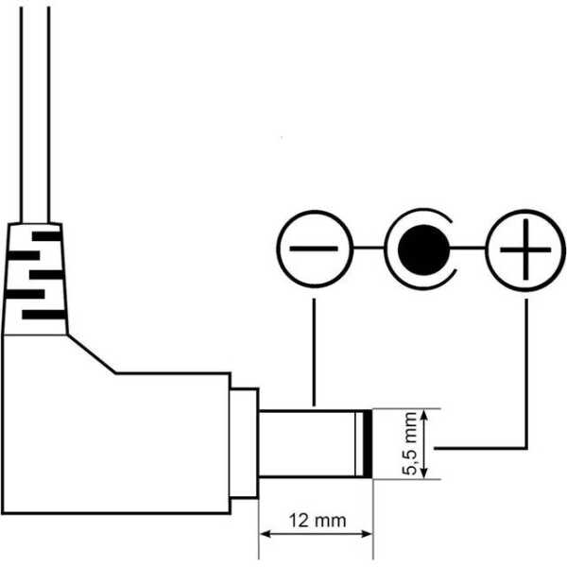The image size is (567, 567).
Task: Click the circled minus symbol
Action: click(x=314, y=250)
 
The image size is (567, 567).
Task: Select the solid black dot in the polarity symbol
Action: click(x=421, y=250)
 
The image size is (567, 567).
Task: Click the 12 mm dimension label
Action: click(x=317, y=521)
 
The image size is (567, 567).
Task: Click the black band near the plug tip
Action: click(x=362, y=443)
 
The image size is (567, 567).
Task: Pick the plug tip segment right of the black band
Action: click(x=369, y=443)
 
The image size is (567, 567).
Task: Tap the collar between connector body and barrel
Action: click(x=244, y=443)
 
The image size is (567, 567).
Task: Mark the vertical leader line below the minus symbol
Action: click(x=314, y=350)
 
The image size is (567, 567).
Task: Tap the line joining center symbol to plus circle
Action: click(x=471, y=250)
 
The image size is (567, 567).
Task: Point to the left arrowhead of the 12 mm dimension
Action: click(x=266, y=534)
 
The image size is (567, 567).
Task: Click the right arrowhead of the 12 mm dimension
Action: click(x=368, y=534)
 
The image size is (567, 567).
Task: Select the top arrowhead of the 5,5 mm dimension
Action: click(x=428, y=415)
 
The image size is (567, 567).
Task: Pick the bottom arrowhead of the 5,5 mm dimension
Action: click(x=428, y=472)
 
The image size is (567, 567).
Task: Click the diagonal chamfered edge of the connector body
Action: click(x=92, y=354)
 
